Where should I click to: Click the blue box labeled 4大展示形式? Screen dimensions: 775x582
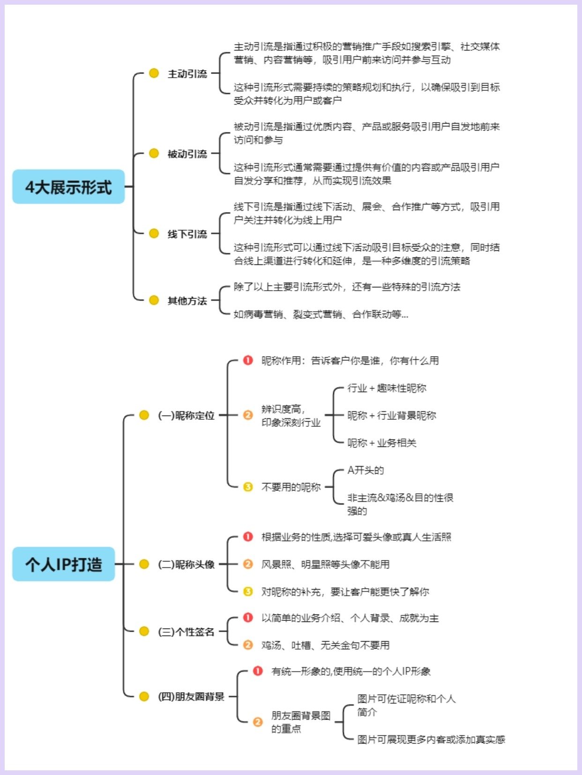(x=68, y=187)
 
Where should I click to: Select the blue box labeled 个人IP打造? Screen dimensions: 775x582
(x=64, y=564)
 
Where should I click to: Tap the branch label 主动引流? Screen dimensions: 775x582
(x=187, y=73)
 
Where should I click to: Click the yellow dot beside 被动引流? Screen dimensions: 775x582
(x=154, y=154)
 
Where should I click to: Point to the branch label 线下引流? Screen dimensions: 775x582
(x=187, y=234)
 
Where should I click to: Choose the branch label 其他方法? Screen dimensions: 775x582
(x=187, y=300)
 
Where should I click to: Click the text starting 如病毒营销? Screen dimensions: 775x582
(x=321, y=314)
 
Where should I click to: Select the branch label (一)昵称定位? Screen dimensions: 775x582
(x=187, y=415)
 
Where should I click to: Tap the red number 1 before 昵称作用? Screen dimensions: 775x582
(x=248, y=360)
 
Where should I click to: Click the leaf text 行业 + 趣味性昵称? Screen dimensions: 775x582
(x=387, y=388)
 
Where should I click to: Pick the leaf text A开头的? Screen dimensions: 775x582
(x=366, y=470)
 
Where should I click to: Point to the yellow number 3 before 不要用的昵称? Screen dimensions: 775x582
(x=248, y=487)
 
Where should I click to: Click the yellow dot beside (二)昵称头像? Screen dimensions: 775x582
(x=144, y=564)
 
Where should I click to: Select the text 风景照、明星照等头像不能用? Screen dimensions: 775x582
(x=325, y=564)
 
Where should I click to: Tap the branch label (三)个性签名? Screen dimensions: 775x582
(x=187, y=631)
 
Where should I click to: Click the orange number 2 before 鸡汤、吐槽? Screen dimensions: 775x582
(x=248, y=645)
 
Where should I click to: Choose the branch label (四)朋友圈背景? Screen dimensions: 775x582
(x=191, y=696)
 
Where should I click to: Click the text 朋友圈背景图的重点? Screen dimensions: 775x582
(x=300, y=722)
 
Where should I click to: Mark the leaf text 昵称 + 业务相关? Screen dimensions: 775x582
(x=382, y=443)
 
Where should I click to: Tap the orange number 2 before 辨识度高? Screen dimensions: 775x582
(x=248, y=415)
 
